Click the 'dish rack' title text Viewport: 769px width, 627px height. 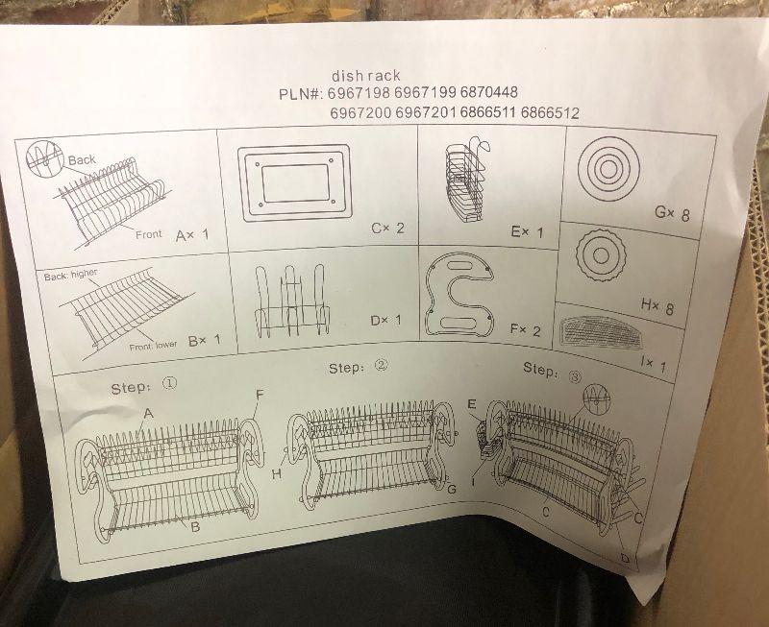[366, 76]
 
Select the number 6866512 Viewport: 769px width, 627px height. [550, 113]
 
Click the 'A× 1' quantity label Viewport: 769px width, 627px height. [191, 235]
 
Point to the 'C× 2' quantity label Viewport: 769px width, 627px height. [387, 228]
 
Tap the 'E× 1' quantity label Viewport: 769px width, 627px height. [527, 231]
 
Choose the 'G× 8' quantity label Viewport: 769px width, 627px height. [672, 213]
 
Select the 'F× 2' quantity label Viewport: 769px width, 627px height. [525, 329]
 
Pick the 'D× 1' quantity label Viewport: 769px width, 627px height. [386, 321]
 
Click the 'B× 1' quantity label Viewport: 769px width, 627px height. [205, 340]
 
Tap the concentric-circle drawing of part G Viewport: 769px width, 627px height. [608, 168]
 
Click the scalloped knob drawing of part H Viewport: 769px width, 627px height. [599, 254]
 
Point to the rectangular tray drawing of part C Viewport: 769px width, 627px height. [295, 182]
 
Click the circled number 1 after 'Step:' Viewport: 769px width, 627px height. [169, 382]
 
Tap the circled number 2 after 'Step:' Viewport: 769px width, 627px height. [381, 365]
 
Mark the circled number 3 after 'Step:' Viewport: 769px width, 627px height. [575, 376]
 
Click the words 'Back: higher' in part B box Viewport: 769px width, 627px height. [70, 275]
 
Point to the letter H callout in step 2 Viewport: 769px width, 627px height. [277, 473]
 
